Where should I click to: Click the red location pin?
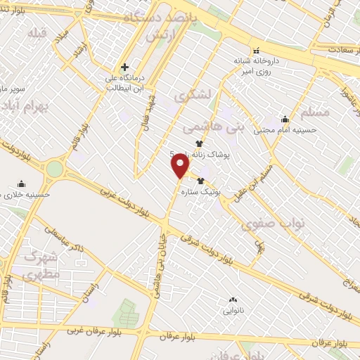[x=180, y=166]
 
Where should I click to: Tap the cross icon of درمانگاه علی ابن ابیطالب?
[x=125, y=67]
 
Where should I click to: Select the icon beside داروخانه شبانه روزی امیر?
[x=257, y=51]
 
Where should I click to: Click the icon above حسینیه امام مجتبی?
[x=285, y=119]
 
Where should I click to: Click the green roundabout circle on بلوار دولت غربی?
[x=54, y=169]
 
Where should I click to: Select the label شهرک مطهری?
[x=31, y=266]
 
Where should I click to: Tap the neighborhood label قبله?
[x=37, y=32]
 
